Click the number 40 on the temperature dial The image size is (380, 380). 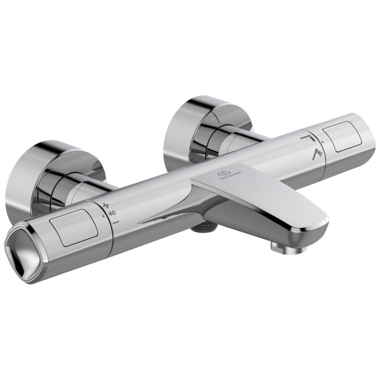(x=112, y=213)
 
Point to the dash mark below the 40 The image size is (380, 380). (x=116, y=222)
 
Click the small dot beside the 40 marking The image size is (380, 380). (x=103, y=217)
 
